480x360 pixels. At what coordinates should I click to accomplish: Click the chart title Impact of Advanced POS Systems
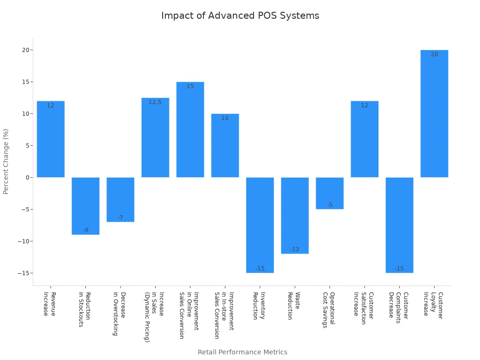[x=240, y=15]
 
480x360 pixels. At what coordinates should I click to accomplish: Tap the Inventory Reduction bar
[x=260, y=225]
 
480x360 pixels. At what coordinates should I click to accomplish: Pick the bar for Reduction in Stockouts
[x=85, y=206]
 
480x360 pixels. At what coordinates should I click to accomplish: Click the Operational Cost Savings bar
[x=330, y=193]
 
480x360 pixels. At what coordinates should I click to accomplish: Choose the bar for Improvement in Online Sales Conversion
[x=190, y=129]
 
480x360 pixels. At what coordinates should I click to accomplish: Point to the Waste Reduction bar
[x=295, y=216]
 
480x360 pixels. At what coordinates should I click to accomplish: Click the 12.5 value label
[x=155, y=102]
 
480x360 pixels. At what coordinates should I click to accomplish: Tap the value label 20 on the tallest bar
[x=434, y=54]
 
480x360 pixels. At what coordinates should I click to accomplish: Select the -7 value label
[x=120, y=217]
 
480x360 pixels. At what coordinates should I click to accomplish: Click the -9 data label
[x=85, y=230]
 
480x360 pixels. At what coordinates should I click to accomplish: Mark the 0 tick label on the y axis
[x=27, y=178]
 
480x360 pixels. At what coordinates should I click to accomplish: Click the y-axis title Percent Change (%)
[x=6, y=161]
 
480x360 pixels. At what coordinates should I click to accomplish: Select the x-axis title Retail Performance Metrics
[x=242, y=352]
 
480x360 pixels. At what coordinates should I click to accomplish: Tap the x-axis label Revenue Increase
[x=50, y=304]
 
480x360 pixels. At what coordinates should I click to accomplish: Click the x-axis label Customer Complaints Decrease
[x=399, y=305]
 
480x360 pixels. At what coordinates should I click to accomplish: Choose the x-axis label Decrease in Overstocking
[x=120, y=314]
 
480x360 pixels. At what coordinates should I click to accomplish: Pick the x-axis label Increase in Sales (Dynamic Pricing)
[x=154, y=317]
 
